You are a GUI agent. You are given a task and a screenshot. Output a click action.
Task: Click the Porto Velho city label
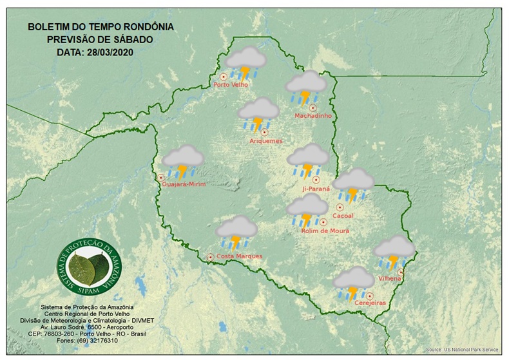coord(231,84)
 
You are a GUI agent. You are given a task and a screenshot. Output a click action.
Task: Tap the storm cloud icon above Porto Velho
coord(245,63)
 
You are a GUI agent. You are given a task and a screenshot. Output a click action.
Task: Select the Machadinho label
coord(312,116)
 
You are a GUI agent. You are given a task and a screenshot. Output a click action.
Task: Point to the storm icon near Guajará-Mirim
coord(183,161)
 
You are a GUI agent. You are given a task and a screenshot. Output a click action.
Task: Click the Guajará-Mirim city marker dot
coord(161,177)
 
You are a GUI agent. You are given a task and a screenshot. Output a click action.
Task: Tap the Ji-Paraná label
coord(316,189)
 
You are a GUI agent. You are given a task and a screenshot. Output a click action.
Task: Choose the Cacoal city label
coord(343,216)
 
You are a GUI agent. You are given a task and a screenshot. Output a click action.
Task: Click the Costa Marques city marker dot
coord(210,257)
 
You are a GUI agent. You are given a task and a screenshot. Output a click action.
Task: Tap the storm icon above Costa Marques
coord(236,232)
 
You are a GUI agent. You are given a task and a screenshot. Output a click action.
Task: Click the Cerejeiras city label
coord(370,302)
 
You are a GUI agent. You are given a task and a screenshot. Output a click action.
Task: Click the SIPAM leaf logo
coord(90,270)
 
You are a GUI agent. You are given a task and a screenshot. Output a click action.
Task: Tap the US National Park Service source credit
coord(462,350)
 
